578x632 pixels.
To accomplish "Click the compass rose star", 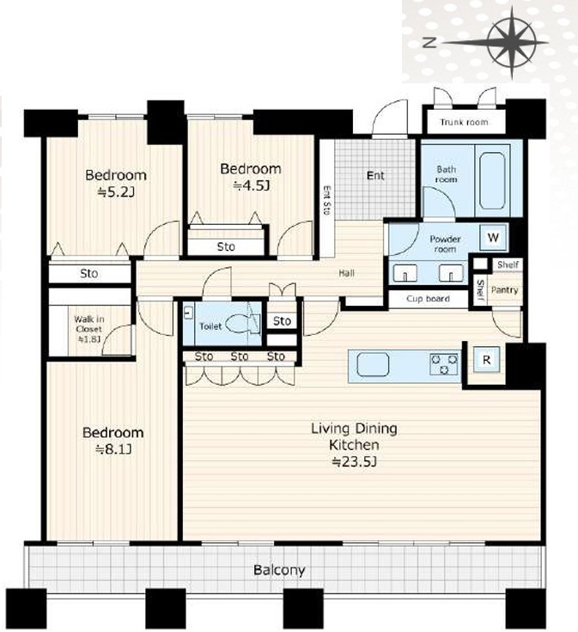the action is coord(512,42).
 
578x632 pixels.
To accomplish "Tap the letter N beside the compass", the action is coord(429,42).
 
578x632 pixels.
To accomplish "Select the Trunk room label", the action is coord(464,122).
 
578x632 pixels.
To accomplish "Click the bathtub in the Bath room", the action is coord(492,180).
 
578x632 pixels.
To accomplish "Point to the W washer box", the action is coord(493,237).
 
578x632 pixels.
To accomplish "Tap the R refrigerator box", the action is coord(486,360).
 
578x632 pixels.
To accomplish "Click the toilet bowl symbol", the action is coord(239,324).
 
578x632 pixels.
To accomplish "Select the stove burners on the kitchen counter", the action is coord(444,364).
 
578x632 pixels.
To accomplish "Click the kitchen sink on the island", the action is coord(373,364).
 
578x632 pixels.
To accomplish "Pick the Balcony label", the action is coord(279,570).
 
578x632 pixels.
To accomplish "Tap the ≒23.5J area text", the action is coord(354,461).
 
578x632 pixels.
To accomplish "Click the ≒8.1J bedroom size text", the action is coord(113,449).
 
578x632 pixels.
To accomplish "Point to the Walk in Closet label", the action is coord(89,325).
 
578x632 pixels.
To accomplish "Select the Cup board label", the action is coord(428,299).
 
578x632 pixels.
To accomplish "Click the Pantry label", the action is coord(504,289).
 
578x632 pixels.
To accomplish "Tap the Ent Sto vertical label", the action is coord(327,199).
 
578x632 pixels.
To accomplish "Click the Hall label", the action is coord(346,273).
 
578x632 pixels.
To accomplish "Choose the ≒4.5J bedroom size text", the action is coord(251,185).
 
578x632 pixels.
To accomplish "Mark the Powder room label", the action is coord(445,244).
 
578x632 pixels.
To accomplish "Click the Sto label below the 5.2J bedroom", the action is coord(89,273).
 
